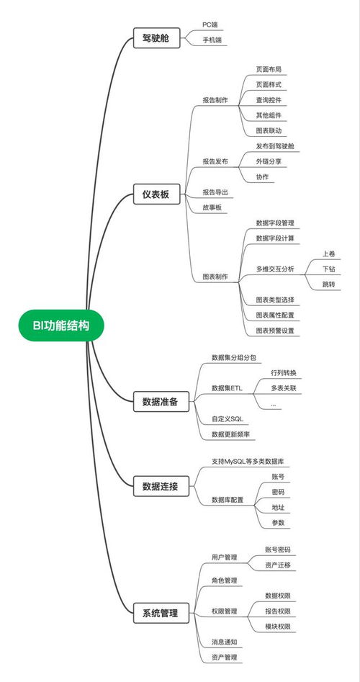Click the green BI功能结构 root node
[x=61, y=326]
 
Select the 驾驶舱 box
[x=156, y=38]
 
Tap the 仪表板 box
[x=156, y=194]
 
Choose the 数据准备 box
[x=161, y=401]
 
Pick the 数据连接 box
[x=161, y=486]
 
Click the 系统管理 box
[x=161, y=614]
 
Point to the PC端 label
[x=209, y=24]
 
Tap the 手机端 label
[x=212, y=40]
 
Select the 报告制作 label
[x=215, y=100]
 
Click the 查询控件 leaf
[x=269, y=100]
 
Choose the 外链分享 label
[x=269, y=161]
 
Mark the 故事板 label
[x=212, y=207]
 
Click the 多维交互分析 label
[x=275, y=269]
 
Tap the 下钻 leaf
[x=329, y=269]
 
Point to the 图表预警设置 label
[x=275, y=331]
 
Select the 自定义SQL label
[x=228, y=419]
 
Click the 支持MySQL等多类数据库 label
[x=248, y=461]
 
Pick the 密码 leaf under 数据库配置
[x=278, y=492]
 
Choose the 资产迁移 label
[x=278, y=565]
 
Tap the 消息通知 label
[x=225, y=642]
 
